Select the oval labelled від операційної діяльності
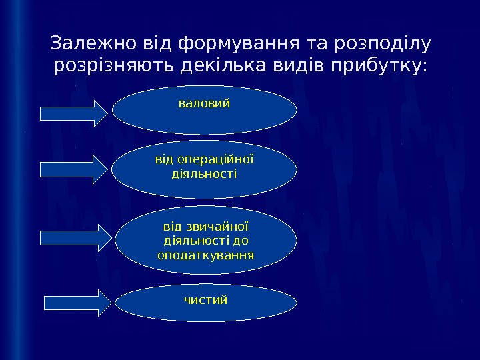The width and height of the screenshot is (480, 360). (x=205, y=169)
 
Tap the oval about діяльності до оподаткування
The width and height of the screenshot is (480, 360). (x=206, y=241)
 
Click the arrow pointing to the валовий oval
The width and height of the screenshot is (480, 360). (x=74, y=113)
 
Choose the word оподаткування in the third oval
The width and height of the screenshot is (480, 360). (x=206, y=255)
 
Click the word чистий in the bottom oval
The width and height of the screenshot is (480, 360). (x=206, y=300)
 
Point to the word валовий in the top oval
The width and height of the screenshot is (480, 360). (x=205, y=104)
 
